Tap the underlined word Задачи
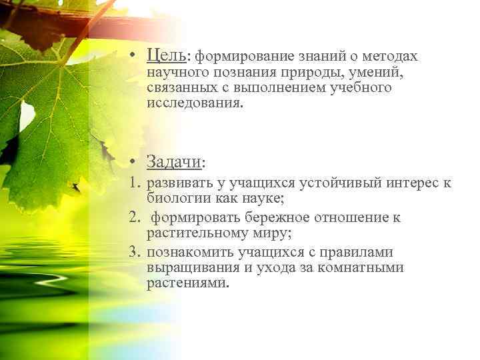tap(173, 162)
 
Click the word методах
tap(391, 57)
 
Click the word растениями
tap(187, 283)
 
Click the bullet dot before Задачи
tap(135, 162)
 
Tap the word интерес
tap(408, 183)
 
